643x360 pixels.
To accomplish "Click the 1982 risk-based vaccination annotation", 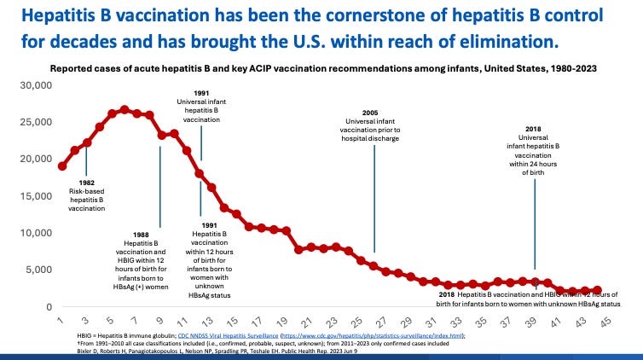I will [87, 195].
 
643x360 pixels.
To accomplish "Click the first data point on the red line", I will [62, 166].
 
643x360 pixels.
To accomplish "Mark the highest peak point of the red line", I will [125, 110].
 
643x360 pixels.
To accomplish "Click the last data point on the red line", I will [597, 291].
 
